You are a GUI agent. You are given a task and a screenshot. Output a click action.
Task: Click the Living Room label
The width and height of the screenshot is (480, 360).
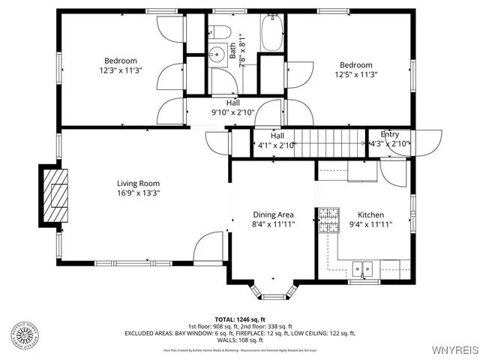(x=138, y=183)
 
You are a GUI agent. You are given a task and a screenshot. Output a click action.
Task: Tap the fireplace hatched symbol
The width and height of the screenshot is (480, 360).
(x=55, y=196)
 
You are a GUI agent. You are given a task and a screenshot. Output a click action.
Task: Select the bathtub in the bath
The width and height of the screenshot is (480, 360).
(x=271, y=33)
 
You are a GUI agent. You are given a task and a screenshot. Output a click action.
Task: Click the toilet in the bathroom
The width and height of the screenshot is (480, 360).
(x=220, y=32)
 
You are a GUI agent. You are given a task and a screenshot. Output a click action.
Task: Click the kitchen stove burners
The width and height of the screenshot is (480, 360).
(x=328, y=220)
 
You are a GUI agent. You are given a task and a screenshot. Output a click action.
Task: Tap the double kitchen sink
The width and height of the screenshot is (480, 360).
(x=365, y=267)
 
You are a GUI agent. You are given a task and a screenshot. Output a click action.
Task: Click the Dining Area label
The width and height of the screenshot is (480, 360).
(x=272, y=214)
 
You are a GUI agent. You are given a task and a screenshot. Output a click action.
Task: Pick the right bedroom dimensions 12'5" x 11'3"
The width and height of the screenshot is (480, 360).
(x=355, y=74)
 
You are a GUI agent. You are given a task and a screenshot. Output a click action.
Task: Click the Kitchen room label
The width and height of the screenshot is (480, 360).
(x=370, y=214)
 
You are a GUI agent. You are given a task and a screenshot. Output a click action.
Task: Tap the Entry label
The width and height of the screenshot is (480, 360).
(x=390, y=134)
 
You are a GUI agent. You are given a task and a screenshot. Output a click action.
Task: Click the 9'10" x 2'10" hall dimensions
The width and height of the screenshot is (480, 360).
(x=232, y=112)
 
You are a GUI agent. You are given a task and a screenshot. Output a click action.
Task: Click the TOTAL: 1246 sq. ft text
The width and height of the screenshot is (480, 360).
(x=240, y=319)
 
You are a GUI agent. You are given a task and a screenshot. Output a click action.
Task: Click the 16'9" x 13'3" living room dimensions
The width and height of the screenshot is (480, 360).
(x=138, y=193)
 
